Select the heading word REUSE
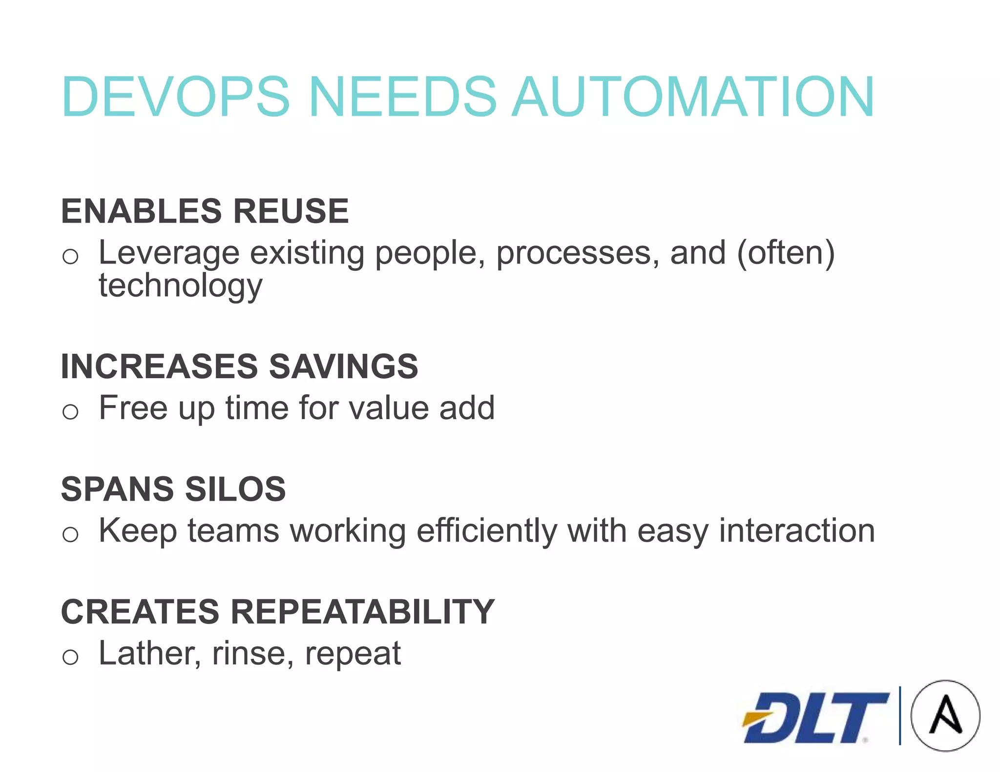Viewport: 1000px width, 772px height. click(291, 211)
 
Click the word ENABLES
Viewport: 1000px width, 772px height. click(142, 211)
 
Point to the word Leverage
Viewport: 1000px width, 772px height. click(169, 254)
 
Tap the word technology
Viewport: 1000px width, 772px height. click(181, 286)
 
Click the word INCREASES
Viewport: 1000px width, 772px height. click(159, 366)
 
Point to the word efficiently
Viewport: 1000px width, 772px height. click(486, 531)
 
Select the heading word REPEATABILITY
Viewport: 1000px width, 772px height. click(362, 611)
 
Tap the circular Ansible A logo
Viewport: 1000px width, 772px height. click(945, 715)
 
